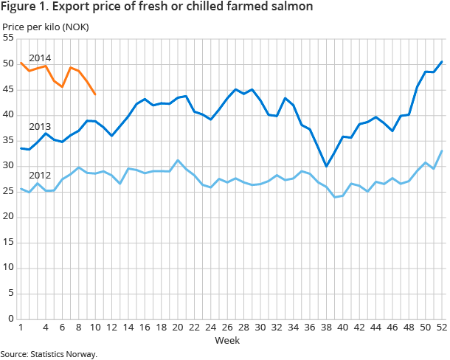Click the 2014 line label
[40, 58]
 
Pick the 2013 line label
[40, 126]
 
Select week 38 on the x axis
[325, 328]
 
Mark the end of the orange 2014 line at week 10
[94, 94]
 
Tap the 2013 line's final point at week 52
[441, 61]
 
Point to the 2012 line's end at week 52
[441, 150]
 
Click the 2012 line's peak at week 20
[177, 160]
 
